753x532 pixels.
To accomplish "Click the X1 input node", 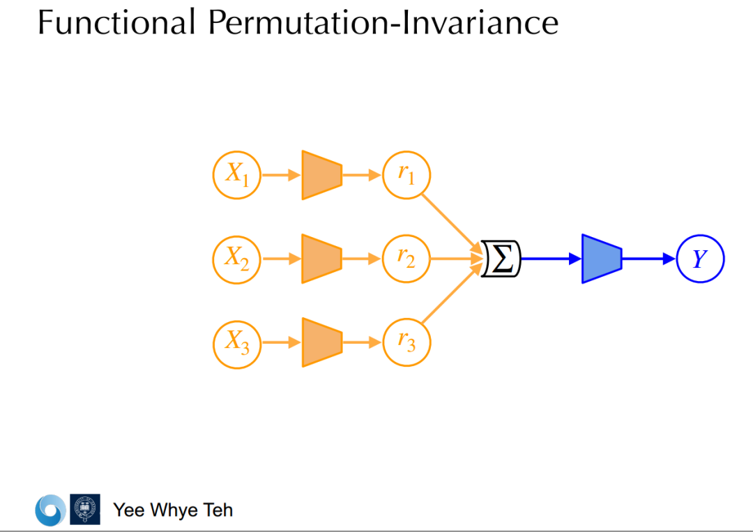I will pyautogui.click(x=237, y=174).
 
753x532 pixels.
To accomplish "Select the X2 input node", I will pyautogui.click(x=237, y=259).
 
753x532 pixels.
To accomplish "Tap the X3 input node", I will pyautogui.click(x=237, y=343).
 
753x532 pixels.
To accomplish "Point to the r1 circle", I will pyautogui.click(x=406, y=174).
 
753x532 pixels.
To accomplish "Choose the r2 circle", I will pyautogui.click(x=406, y=259).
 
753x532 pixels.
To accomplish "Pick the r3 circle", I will pyautogui.click(x=406, y=343).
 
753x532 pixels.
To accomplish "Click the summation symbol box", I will pyautogui.click(x=501, y=259).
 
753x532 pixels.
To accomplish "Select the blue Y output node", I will pyautogui.click(x=700, y=259).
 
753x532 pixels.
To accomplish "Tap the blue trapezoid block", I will pyautogui.click(x=601, y=259).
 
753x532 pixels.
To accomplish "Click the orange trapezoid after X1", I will pyautogui.click(x=321, y=174).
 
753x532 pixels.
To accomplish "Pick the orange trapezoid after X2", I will pyautogui.click(x=321, y=259).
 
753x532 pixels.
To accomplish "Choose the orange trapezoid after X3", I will pyautogui.click(x=321, y=343).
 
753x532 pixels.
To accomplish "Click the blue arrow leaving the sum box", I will pyautogui.click(x=551, y=259).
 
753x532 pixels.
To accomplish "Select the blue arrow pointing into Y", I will pyautogui.click(x=648, y=259).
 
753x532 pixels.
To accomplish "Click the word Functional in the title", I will pyautogui.click(x=116, y=22).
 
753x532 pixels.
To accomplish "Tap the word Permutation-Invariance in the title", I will pyautogui.click(x=383, y=22).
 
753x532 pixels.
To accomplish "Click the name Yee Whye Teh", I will pyautogui.click(x=173, y=510).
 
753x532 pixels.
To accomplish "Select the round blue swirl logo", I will pyautogui.click(x=50, y=510).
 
